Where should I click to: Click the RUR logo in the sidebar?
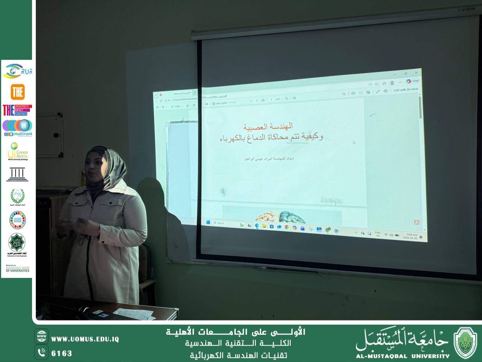18,71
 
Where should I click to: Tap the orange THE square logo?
17,92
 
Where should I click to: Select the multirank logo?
18,128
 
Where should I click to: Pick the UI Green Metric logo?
18,151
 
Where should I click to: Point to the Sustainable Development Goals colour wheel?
17,220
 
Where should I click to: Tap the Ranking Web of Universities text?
17,269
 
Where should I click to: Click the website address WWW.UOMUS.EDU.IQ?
85,339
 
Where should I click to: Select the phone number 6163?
62,353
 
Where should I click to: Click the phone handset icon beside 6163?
41,353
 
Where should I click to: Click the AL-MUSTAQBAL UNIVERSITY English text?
403,356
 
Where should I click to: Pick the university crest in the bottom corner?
465,342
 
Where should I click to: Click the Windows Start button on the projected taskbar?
207,222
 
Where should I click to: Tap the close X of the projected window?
416,72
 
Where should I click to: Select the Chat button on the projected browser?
413,81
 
